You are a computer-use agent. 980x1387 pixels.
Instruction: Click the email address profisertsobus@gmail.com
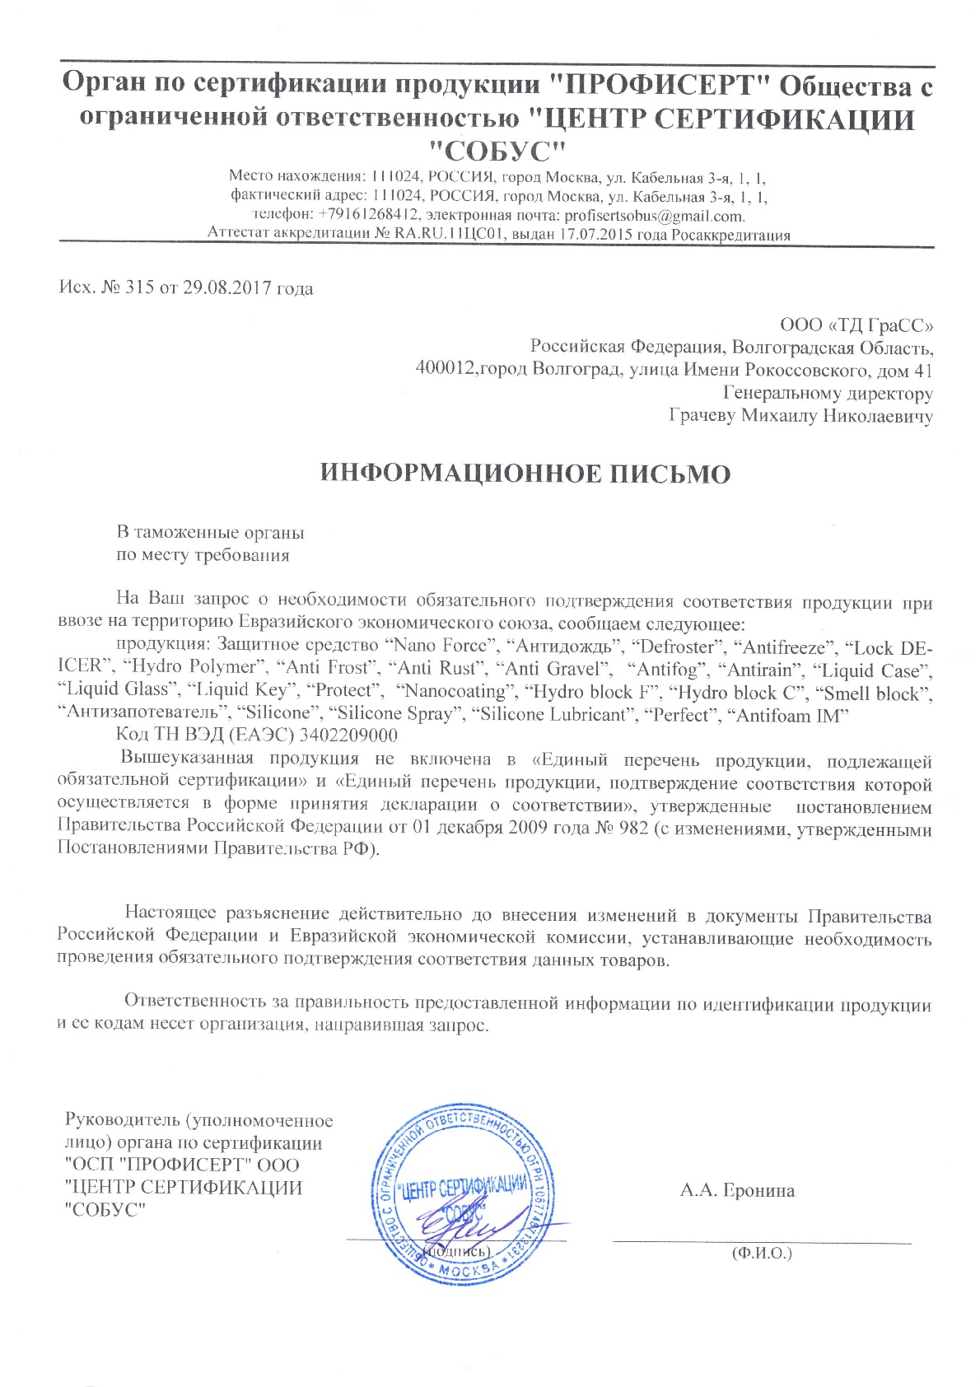tap(654, 217)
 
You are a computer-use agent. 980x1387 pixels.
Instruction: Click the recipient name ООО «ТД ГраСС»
tap(856, 325)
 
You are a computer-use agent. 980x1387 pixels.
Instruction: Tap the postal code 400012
tap(446, 369)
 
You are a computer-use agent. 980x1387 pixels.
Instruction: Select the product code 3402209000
tap(348, 736)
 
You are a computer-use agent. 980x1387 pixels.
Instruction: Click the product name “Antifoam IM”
tap(789, 715)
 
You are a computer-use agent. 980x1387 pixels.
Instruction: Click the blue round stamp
tap(464, 1194)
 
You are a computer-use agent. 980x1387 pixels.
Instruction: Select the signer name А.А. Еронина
tap(737, 1190)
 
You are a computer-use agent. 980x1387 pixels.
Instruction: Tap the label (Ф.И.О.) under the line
tap(761, 1254)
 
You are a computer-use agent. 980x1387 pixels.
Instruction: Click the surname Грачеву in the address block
tap(702, 416)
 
